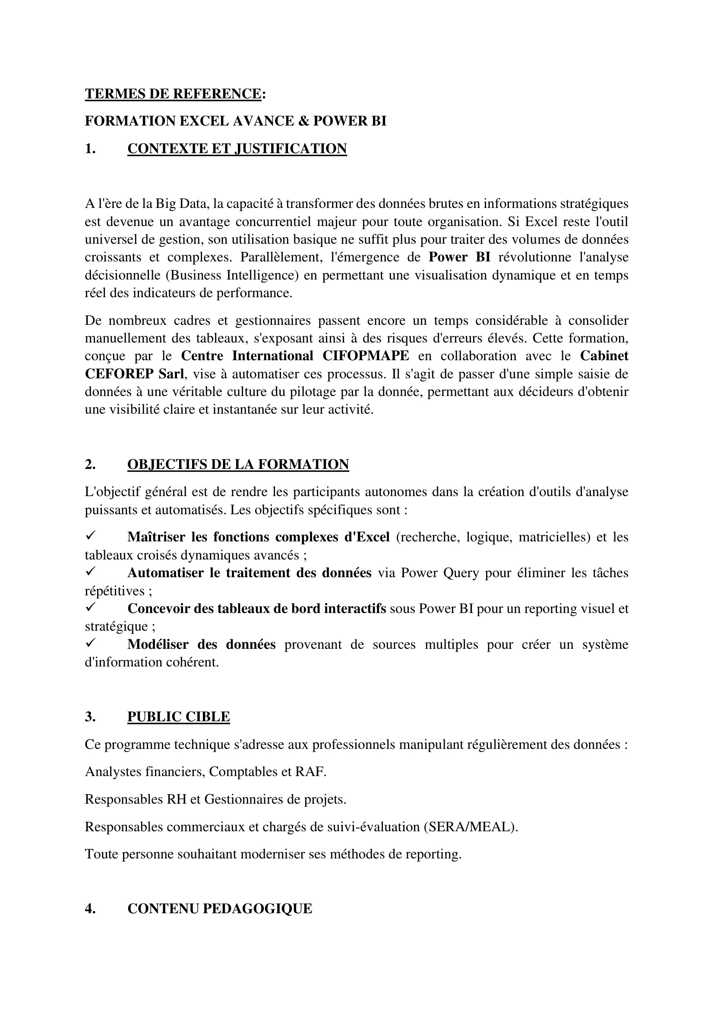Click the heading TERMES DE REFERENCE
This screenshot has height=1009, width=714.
173,94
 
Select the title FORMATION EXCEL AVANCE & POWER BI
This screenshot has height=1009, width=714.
235,121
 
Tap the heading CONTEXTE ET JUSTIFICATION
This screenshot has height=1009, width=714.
237,148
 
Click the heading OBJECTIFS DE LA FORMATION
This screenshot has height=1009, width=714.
238,464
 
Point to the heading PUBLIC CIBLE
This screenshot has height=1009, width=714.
179,717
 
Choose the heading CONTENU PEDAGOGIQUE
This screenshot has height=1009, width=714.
219,908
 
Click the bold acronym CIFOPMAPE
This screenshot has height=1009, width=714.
365,355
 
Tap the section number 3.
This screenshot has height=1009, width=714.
90,717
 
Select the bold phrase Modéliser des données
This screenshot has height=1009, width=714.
201,644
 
